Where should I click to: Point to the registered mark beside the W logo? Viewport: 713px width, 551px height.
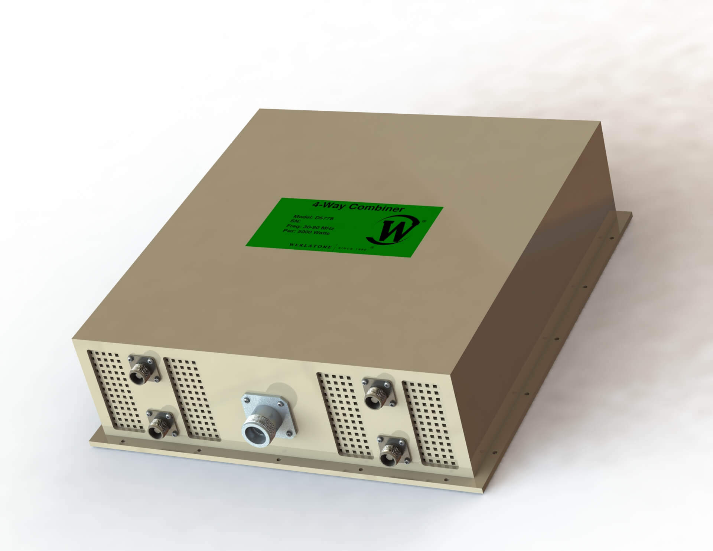[x=424, y=221]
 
